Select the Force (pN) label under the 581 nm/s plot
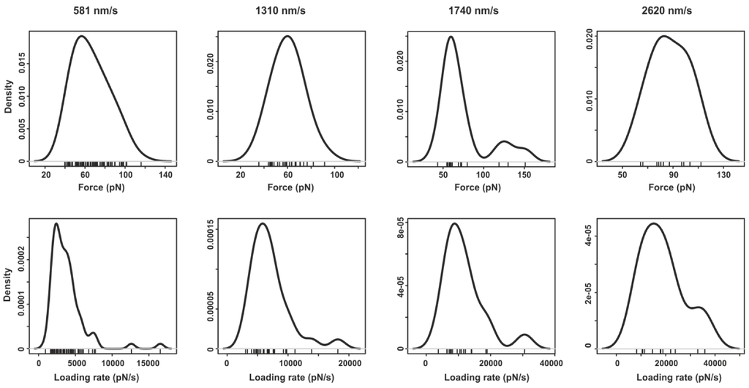[97, 187]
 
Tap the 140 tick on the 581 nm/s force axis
[165, 176]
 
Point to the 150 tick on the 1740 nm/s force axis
[524, 176]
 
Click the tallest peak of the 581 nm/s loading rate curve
[56, 224]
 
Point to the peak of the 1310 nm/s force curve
[288, 36]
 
